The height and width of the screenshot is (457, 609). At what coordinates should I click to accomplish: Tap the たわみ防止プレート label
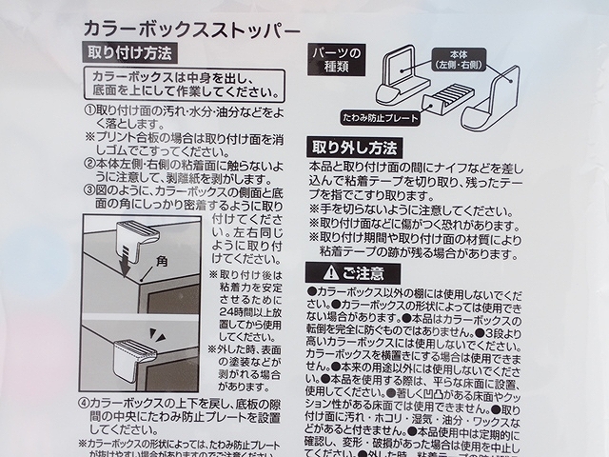click(379, 117)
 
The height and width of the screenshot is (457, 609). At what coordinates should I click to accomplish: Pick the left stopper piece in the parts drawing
click(403, 79)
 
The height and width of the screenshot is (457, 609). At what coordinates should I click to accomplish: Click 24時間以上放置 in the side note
click(245, 310)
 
